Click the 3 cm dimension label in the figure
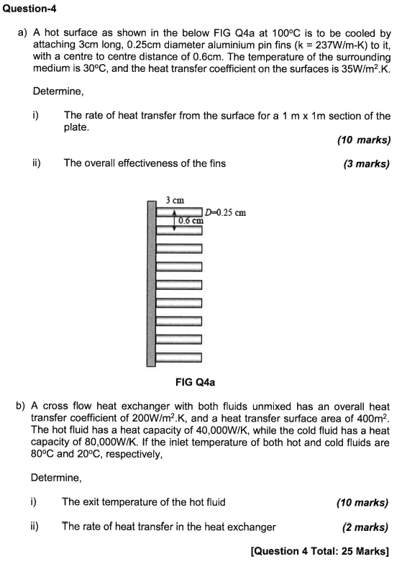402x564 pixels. click(175, 199)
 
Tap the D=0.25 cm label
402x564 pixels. click(226, 212)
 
